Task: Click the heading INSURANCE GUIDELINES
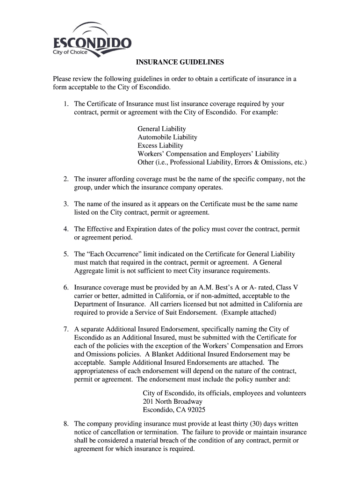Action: [x=180, y=62]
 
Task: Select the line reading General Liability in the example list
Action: [x=162, y=129]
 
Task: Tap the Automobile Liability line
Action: [x=167, y=137]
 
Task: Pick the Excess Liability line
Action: [x=160, y=145]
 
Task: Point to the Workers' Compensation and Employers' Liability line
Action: [x=208, y=154]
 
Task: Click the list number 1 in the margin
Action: [x=66, y=104]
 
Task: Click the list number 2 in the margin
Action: [x=66, y=179]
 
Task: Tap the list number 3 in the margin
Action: [x=66, y=204]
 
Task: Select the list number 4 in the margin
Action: [x=66, y=229]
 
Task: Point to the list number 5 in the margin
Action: [x=66, y=254]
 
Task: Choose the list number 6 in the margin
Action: [x=66, y=287]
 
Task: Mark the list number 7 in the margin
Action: [x=66, y=329]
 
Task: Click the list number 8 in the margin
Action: [x=66, y=424]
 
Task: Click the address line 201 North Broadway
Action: [x=173, y=402]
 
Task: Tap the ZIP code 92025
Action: [x=196, y=410]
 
